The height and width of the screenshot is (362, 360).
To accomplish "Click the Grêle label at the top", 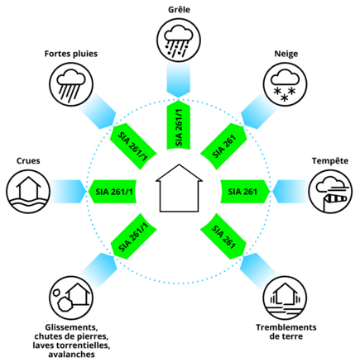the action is tap(179, 10).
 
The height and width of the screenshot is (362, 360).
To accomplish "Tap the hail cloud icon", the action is tap(179, 40).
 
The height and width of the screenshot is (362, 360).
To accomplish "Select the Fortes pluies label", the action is tap(71, 54).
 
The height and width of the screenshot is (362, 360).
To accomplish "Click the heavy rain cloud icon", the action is tap(71, 84).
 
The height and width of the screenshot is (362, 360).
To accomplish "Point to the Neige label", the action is tap(286, 54).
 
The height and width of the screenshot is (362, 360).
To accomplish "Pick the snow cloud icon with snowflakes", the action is tap(286, 84).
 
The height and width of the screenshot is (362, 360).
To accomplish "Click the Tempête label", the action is tap(330, 160).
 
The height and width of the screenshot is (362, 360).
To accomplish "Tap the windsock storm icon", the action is tap(330, 192).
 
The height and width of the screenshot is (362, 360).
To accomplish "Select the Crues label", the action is tap(28, 160).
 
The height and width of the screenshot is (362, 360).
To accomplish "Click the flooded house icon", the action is tap(28, 192).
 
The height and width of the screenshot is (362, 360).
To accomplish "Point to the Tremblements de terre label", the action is tap(286, 331).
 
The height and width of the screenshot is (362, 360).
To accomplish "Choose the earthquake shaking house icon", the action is tap(286, 298).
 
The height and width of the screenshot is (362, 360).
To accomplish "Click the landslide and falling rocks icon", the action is tap(71, 298).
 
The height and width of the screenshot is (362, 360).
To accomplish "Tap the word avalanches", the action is tap(71, 354).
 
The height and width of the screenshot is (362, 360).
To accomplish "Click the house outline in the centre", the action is tap(179, 188).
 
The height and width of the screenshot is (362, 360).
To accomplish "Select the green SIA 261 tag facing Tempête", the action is tap(245, 192).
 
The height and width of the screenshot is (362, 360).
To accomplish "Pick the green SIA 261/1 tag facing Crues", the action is tap(113, 192).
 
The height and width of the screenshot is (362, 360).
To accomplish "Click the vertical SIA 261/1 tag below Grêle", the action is tap(179, 126).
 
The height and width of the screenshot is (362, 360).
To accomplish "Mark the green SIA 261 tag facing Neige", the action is tap(223, 146).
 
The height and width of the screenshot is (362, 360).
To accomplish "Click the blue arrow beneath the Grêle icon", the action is tap(179, 79).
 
